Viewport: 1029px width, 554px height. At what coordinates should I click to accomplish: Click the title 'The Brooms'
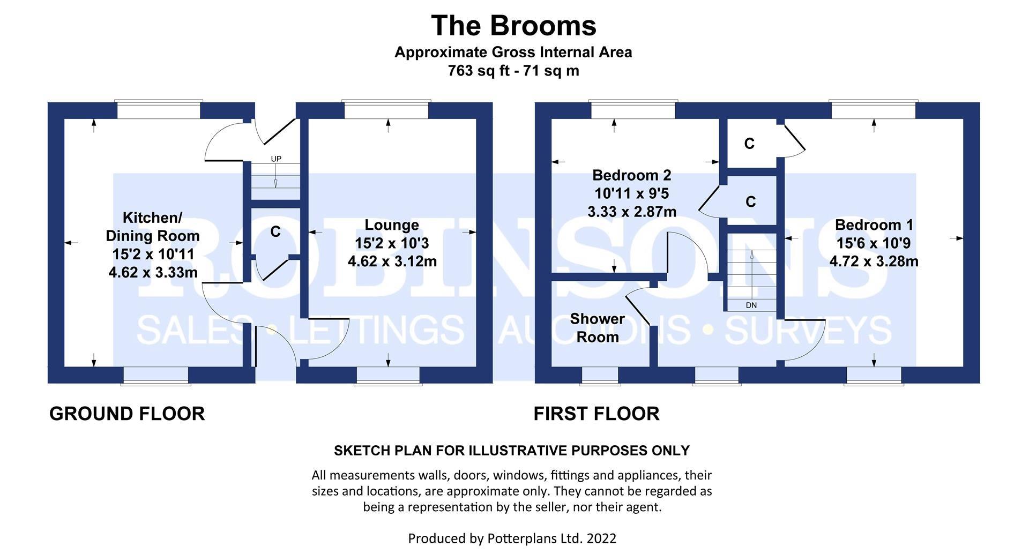click(513, 26)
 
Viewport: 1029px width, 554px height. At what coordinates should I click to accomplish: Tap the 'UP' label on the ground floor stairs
click(276, 159)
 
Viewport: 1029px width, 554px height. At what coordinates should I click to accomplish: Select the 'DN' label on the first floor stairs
click(751, 305)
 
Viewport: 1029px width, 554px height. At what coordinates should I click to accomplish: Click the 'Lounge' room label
click(392, 225)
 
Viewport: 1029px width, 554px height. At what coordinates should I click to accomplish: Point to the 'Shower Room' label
click(597, 328)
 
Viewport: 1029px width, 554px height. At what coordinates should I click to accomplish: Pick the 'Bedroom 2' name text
click(631, 175)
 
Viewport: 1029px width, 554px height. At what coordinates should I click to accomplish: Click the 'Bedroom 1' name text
click(874, 225)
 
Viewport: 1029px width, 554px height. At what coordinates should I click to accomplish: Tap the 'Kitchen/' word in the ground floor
click(153, 218)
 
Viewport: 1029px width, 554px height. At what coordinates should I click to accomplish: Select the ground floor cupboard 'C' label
click(275, 231)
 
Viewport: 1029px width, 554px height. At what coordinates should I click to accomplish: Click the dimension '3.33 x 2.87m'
click(632, 212)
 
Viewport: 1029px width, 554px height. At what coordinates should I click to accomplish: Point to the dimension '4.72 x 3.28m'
click(874, 261)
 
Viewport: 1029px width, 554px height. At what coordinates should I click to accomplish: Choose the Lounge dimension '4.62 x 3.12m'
click(392, 261)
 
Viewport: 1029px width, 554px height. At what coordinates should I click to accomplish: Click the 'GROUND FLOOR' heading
click(127, 414)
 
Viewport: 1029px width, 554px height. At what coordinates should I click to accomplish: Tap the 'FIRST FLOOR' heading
click(596, 414)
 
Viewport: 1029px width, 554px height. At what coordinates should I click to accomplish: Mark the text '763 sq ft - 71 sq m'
click(513, 71)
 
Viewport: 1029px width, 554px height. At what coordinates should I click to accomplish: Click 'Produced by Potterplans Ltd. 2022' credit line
click(512, 538)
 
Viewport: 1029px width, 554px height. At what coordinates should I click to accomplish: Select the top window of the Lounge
click(386, 110)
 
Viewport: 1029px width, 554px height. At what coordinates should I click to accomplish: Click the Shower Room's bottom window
click(593, 376)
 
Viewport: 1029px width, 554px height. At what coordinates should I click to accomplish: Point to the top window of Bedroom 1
click(874, 110)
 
